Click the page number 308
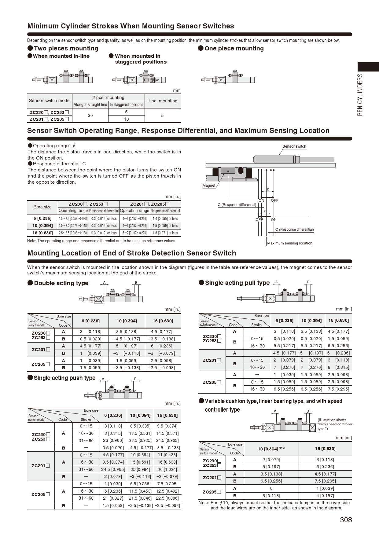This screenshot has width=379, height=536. [346, 520]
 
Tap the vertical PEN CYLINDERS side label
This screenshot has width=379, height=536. [360, 94]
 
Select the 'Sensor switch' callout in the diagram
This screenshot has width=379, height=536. [294, 146]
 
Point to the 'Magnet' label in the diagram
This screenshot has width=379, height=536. [209, 185]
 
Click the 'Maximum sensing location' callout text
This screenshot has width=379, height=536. [289, 243]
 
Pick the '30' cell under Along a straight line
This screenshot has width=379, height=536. [90, 116]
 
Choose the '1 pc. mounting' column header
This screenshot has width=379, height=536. [162, 101]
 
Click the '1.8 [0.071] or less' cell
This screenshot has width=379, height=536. [165, 233]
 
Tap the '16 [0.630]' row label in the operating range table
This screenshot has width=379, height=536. [43, 233]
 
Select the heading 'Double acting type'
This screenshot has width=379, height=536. [61, 283]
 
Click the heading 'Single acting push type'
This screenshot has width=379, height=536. [64, 378]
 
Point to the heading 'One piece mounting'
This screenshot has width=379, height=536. [234, 48]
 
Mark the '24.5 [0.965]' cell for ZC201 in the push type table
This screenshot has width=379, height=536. [113, 469]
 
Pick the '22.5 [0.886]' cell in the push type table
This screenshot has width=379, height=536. [167, 498]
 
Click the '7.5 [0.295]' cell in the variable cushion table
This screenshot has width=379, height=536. [325, 481]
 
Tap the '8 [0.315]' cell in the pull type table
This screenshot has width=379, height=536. [338, 367]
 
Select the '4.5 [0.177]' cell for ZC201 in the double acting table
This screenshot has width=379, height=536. [90, 346]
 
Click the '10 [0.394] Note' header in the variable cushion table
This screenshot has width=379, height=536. [271, 449]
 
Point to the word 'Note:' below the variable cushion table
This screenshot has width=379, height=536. [204, 503]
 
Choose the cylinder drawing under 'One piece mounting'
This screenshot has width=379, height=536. [228, 79]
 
